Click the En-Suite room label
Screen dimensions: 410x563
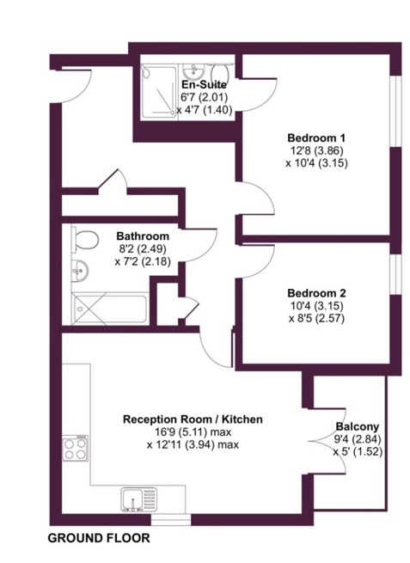(x=204, y=85)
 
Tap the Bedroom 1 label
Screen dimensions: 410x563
(x=316, y=138)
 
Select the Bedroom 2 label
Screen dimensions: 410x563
(x=316, y=293)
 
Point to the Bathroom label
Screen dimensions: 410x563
(x=143, y=236)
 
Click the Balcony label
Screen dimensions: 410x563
(x=358, y=426)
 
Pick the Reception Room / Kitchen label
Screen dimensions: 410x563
(x=193, y=419)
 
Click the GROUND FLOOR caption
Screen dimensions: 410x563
(x=99, y=538)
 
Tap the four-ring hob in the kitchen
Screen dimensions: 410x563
(x=76, y=448)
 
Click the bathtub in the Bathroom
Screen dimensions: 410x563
(x=110, y=309)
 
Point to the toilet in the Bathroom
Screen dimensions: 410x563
(x=85, y=240)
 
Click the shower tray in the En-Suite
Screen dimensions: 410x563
(x=159, y=91)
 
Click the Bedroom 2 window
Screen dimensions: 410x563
(x=395, y=276)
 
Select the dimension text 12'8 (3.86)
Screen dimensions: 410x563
(x=316, y=150)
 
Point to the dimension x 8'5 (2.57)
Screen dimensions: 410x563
(x=316, y=319)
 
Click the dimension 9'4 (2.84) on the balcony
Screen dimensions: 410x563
(x=358, y=439)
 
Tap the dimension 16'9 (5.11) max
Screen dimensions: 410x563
(x=193, y=432)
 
